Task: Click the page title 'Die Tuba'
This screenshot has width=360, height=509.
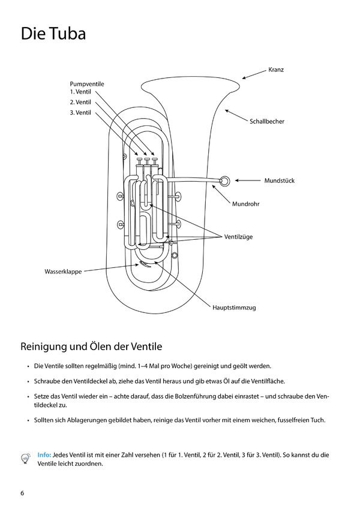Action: pos(53,34)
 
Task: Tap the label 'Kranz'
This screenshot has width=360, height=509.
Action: pos(276,70)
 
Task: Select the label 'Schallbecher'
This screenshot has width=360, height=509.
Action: pos(267,122)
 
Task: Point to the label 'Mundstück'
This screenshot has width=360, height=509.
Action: pos(280,180)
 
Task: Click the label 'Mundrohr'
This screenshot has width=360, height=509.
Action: pos(245,205)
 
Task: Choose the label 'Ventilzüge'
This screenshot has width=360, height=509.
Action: pos(239,237)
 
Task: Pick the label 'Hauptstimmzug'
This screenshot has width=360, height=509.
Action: pos(234,308)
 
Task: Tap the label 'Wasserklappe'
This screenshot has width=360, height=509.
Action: pos(63,272)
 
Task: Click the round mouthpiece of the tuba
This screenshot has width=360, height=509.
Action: pos(224,180)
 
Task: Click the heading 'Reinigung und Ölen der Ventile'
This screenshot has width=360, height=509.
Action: pos(91,347)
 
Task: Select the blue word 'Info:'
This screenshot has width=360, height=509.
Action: pos(44,454)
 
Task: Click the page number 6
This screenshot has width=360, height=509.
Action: pos(22,493)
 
